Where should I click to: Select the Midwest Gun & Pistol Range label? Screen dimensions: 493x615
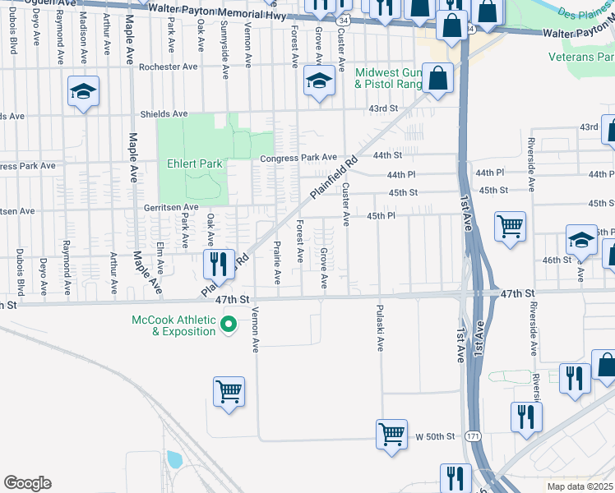pos(387,79)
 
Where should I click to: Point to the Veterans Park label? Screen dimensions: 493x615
pos(581,57)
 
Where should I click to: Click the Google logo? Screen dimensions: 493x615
pos(27,483)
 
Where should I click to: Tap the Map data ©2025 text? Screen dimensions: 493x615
pos(580,486)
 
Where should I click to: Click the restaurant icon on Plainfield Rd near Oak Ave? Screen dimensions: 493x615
pos(216,264)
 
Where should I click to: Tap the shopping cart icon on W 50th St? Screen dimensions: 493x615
pos(392,433)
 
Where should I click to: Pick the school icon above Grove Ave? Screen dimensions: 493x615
pos(318,81)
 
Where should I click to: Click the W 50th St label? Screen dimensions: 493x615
pos(435,435)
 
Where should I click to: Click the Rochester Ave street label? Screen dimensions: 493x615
pos(169,67)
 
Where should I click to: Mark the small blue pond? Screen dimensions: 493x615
pos(173,458)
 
